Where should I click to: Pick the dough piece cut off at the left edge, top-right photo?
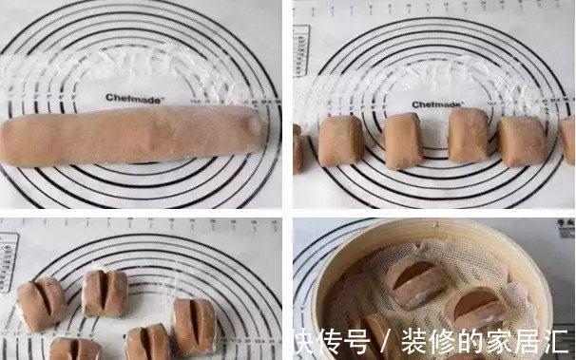297,147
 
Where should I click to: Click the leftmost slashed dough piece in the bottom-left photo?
42,304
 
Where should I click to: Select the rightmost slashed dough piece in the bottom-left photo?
194,326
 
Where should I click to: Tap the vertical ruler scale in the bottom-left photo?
8,261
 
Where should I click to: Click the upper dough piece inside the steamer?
413,281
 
